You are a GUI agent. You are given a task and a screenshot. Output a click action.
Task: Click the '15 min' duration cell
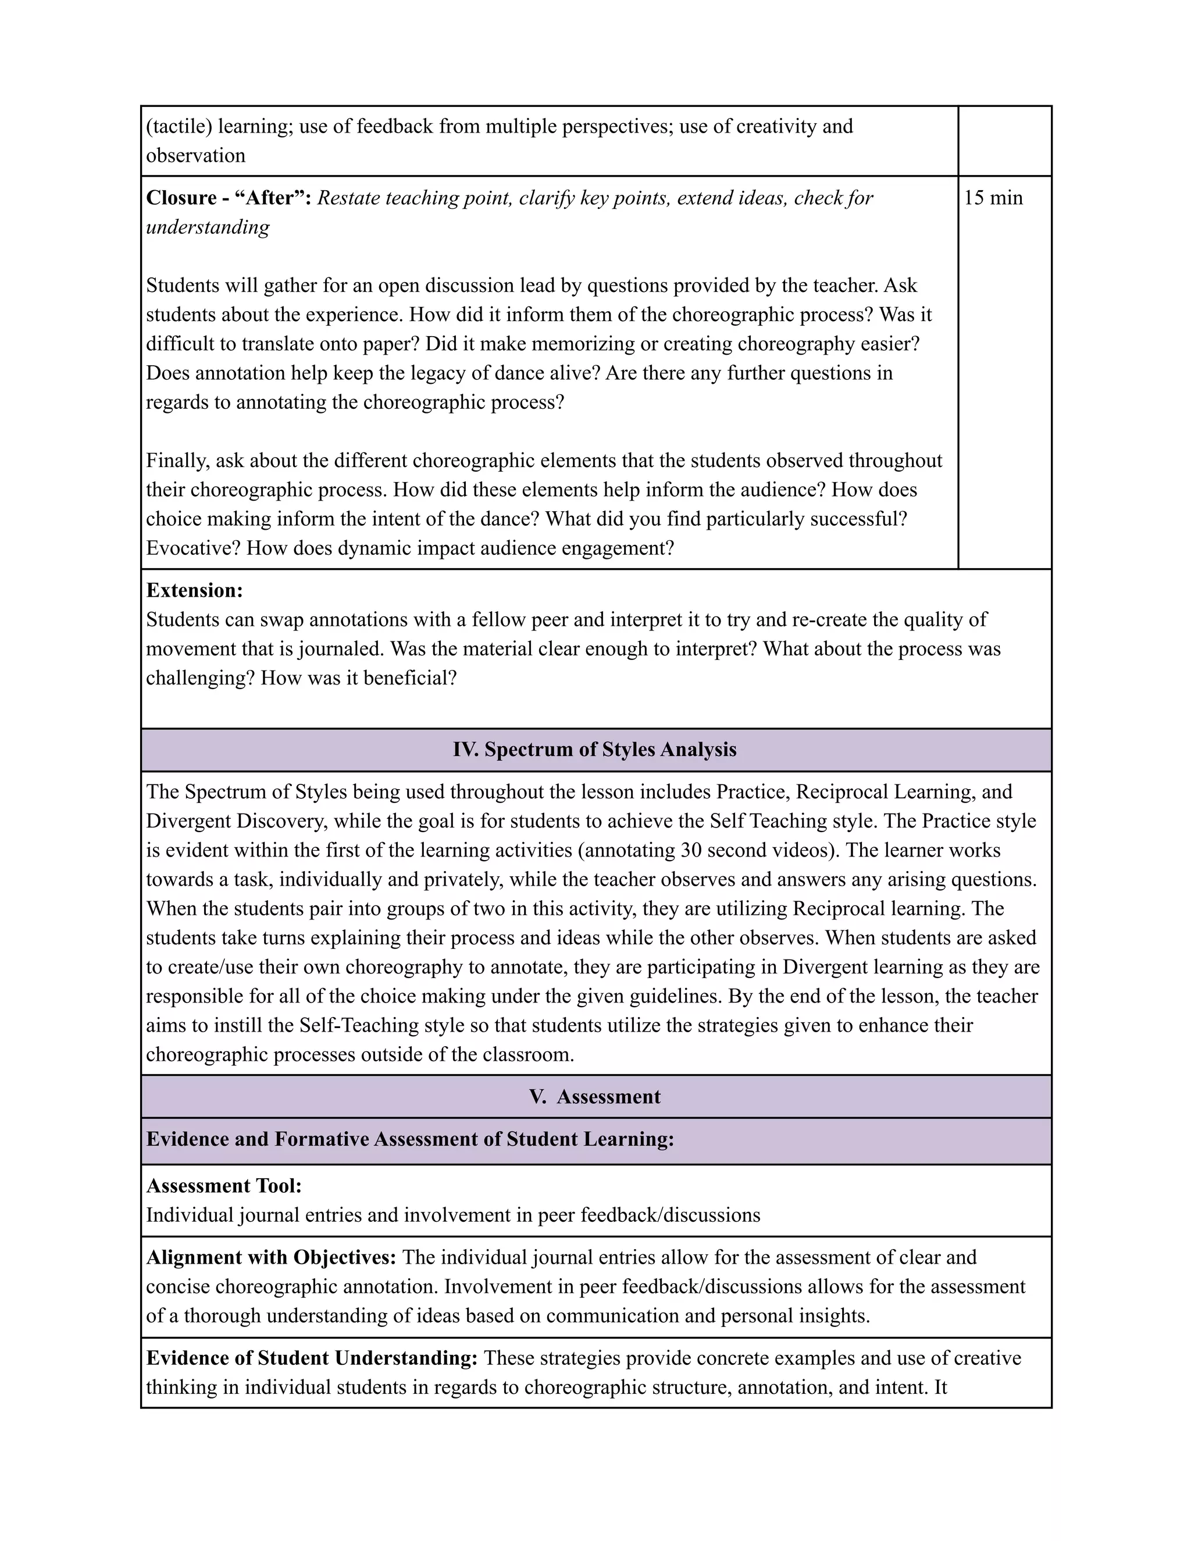coord(993,198)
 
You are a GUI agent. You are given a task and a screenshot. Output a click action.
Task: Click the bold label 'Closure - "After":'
coord(229,198)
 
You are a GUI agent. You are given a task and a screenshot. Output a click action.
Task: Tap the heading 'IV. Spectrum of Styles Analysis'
coord(595,750)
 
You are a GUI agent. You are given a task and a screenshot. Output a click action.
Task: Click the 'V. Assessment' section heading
coord(595,1097)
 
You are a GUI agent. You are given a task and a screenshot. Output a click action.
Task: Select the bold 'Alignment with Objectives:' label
coord(271,1257)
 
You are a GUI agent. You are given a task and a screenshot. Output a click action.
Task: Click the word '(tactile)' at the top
coord(179,126)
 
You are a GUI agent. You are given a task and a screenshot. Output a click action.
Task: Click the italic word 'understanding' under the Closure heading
coord(208,227)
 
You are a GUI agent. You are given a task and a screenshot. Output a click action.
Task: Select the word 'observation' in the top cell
coord(195,155)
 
